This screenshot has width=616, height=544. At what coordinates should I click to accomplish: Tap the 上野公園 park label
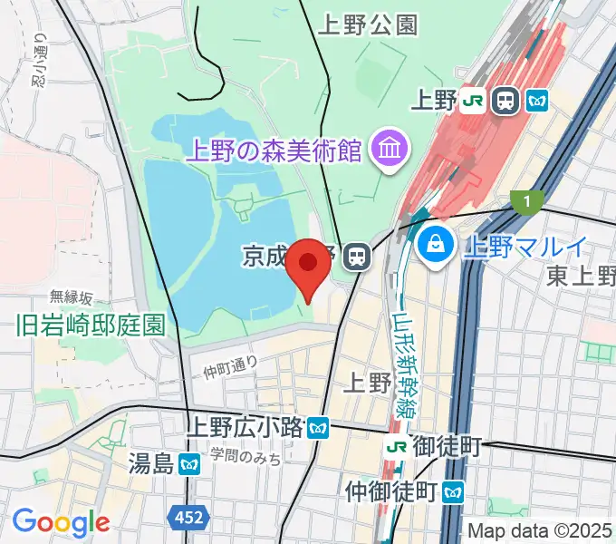coord(368,26)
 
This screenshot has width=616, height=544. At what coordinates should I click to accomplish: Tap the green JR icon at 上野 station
coord(472,101)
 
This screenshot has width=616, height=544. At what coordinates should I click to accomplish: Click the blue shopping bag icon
coord(437,245)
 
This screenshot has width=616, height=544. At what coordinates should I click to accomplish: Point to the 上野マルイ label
coord(526,246)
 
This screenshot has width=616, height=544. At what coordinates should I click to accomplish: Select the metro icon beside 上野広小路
coord(317,426)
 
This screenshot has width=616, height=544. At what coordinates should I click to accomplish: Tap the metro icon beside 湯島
coord(189,465)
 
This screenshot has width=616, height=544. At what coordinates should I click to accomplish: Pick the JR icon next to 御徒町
coord(395,446)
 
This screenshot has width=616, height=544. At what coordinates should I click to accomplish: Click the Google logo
coord(61,521)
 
